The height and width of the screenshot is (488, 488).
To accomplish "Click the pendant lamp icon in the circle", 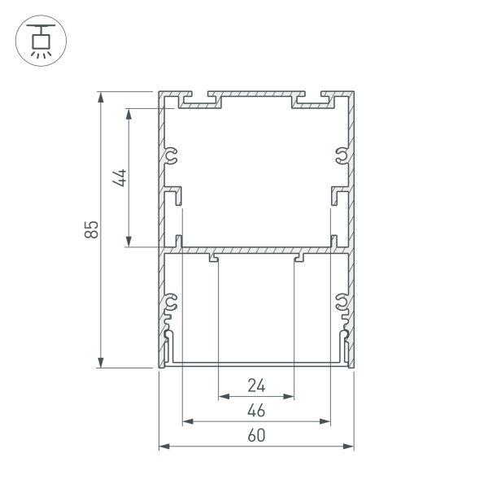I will (x=38, y=40).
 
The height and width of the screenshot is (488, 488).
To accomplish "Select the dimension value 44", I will (x=120, y=177).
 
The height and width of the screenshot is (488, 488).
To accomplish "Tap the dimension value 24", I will (x=256, y=385).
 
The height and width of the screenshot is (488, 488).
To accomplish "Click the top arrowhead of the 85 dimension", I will (x=101, y=96).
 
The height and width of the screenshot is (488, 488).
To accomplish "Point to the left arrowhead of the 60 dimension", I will (x=163, y=447).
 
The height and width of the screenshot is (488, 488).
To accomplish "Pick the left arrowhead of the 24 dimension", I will (x=223, y=397).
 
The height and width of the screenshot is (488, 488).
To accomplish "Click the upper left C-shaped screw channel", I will (x=172, y=155).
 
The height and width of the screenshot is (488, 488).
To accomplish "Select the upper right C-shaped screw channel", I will (x=342, y=155).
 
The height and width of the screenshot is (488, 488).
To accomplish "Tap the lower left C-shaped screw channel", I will (x=172, y=304).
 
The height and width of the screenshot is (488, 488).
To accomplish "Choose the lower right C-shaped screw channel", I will (x=342, y=304).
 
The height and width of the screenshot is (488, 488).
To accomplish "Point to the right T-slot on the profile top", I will (x=315, y=101).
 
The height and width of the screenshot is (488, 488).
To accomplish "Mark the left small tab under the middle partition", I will (x=214, y=259).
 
